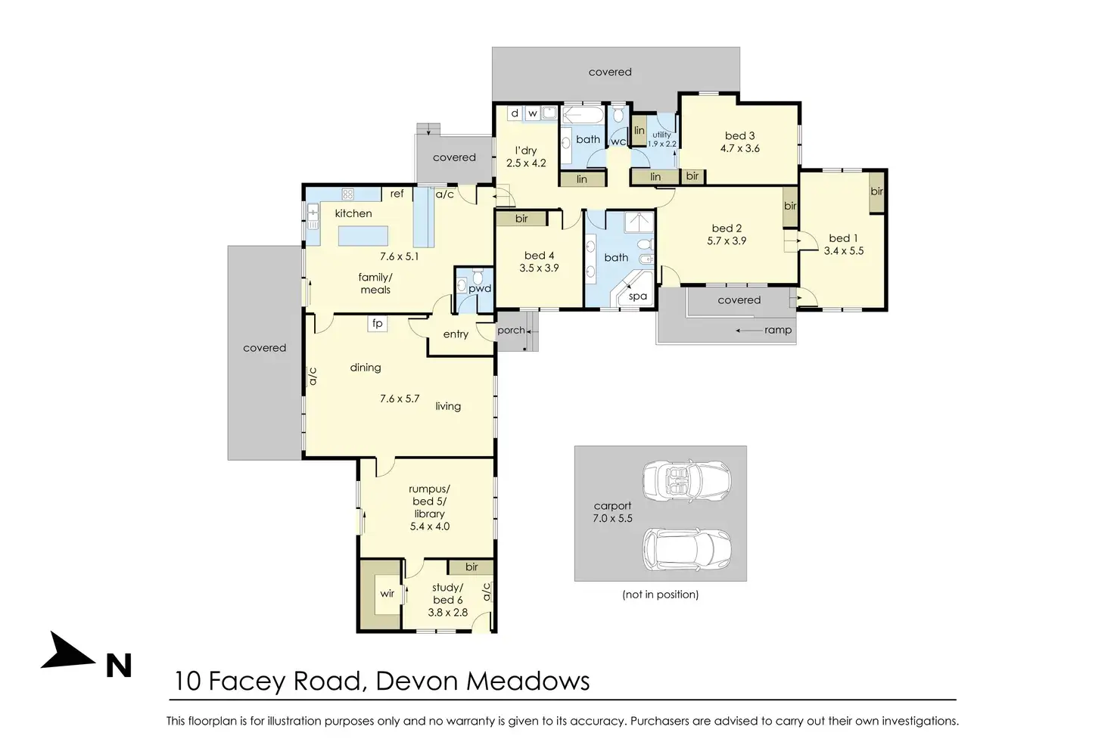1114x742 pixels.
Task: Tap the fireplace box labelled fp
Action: point(378,324)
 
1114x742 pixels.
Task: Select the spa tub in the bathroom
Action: point(634,289)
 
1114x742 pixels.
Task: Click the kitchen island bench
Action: point(363,235)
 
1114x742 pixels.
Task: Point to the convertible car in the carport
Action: point(687,480)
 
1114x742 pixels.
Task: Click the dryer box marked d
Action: point(515,113)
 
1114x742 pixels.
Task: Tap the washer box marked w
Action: point(533,113)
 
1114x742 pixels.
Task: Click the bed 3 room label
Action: point(739,135)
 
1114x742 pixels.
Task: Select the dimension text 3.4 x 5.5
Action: point(844,251)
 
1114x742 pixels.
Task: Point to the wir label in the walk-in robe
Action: point(387,593)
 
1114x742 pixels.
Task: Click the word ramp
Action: point(778,331)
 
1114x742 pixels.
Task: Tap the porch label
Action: point(511,331)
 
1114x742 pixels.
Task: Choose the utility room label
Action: point(661,135)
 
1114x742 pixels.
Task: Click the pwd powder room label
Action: point(479,289)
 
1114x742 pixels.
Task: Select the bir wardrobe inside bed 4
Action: point(521,219)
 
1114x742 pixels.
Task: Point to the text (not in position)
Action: point(661,595)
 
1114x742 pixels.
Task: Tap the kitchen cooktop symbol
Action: point(347,194)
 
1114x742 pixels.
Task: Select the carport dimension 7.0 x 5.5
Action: point(612,518)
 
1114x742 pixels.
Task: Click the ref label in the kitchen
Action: point(397,194)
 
